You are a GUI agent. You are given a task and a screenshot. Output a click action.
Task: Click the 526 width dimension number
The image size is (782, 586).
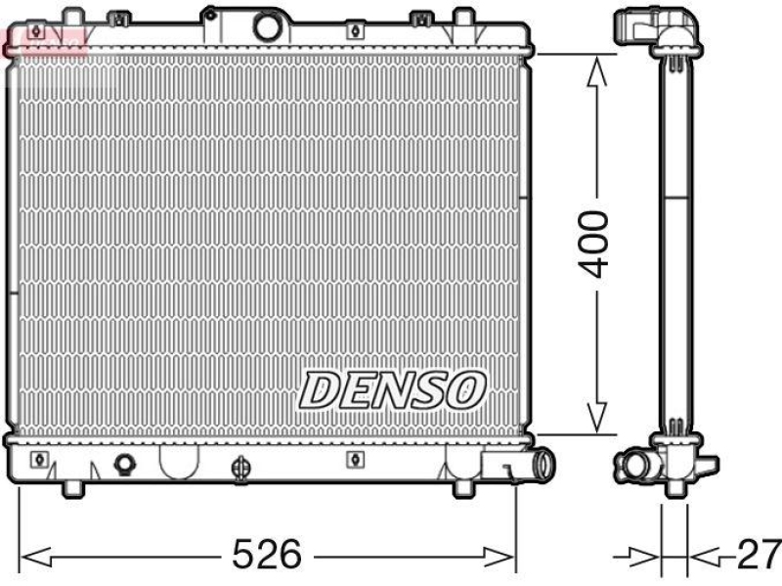pyautogui.click(x=266, y=557)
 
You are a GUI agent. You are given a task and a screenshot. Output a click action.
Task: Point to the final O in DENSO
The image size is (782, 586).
pyautogui.click(x=465, y=389)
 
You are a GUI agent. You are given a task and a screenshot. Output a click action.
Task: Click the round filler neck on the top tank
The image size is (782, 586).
pyautogui.click(x=267, y=26)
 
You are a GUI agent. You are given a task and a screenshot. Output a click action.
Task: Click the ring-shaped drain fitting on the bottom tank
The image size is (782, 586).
pyautogui.click(x=124, y=463)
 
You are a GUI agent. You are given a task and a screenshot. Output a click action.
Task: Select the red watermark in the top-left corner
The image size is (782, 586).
pyautogui.click(x=44, y=41)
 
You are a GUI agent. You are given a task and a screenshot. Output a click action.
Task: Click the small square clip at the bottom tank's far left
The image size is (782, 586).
pyautogui.click(x=39, y=459)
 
